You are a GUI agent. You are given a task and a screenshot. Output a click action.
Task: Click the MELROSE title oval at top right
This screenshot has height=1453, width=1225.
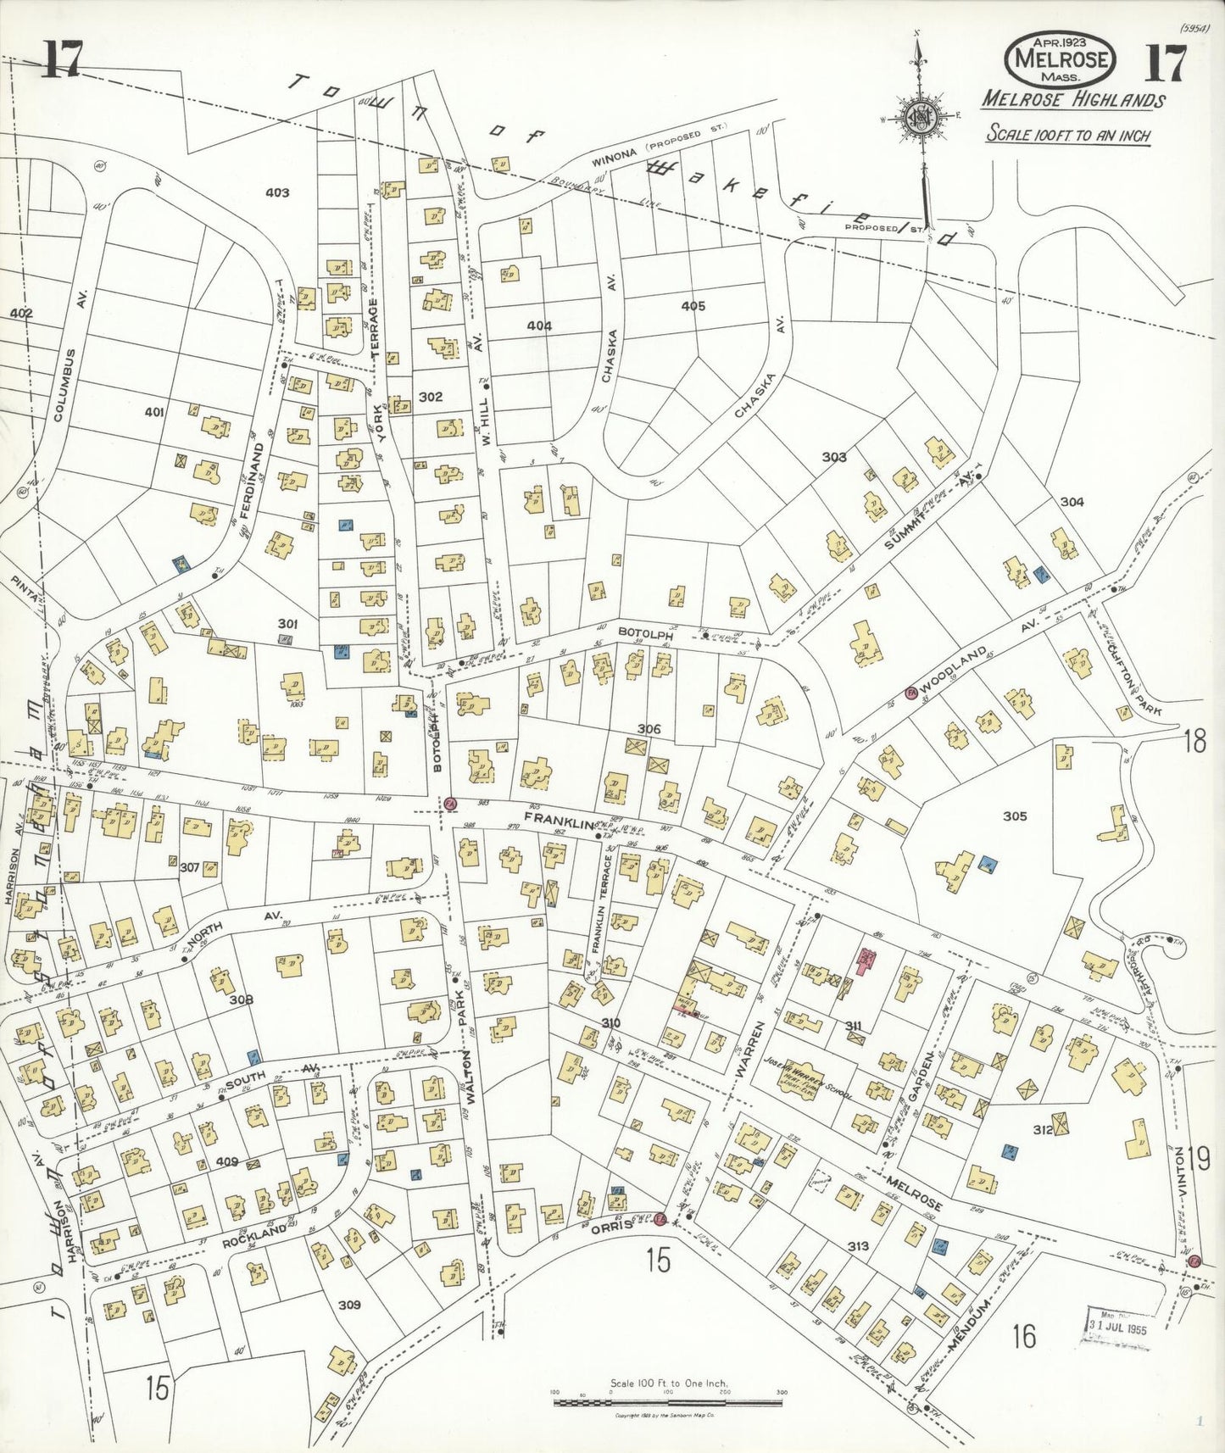(1060, 59)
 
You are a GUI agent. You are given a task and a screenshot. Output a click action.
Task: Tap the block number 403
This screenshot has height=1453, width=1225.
(277, 192)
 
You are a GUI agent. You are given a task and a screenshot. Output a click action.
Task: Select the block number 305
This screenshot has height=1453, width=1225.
(1015, 816)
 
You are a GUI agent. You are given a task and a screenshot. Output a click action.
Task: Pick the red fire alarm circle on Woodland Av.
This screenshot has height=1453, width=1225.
(912, 692)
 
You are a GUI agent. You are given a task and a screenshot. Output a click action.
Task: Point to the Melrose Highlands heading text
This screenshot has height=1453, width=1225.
(1072, 100)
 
